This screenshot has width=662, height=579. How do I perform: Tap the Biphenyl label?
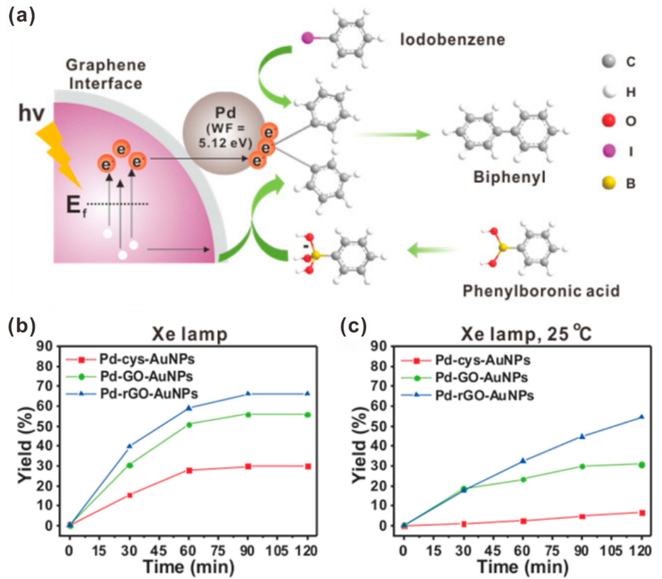[x=509, y=177]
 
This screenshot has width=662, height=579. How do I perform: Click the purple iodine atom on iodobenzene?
[x=307, y=38]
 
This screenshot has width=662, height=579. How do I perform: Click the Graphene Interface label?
[x=106, y=74]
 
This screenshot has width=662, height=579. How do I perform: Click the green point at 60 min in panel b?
[x=189, y=425]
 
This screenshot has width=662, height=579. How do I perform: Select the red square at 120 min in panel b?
[x=308, y=466]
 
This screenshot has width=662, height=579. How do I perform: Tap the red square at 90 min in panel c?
[x=582, y=516]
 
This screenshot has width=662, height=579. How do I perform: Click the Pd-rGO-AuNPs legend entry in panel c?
[x=484, y=395]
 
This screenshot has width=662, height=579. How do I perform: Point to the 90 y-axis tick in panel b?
[x=45, y=347]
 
